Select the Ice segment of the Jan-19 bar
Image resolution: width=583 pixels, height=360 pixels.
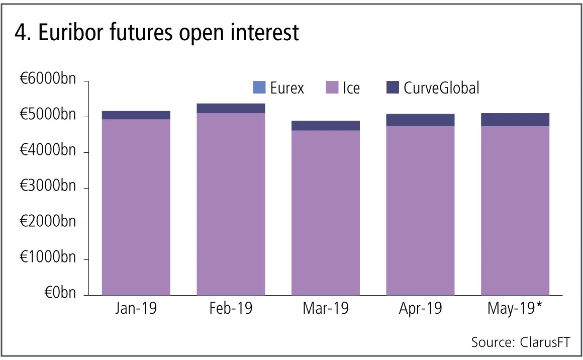(136, 206)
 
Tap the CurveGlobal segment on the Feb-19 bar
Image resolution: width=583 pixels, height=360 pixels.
(231, 108)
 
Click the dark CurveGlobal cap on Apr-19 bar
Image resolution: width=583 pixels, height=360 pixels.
(420, 120)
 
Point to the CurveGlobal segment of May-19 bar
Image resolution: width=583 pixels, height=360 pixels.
(515, 119)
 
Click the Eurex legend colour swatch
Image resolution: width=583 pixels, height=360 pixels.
(259, 88)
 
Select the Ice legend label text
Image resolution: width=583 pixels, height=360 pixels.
(351, 88)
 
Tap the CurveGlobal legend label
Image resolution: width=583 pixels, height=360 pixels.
(441, 88)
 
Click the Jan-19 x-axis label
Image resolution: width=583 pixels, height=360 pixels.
(136, 308)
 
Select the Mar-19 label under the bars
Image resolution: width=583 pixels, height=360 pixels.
(326, 308)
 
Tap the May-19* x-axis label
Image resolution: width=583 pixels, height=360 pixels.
(515, 308)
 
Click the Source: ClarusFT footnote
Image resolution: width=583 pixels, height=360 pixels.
(521, 342)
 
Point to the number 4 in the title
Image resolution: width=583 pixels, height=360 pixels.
(20, 33)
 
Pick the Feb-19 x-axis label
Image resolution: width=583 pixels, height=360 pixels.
(231, 308)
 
